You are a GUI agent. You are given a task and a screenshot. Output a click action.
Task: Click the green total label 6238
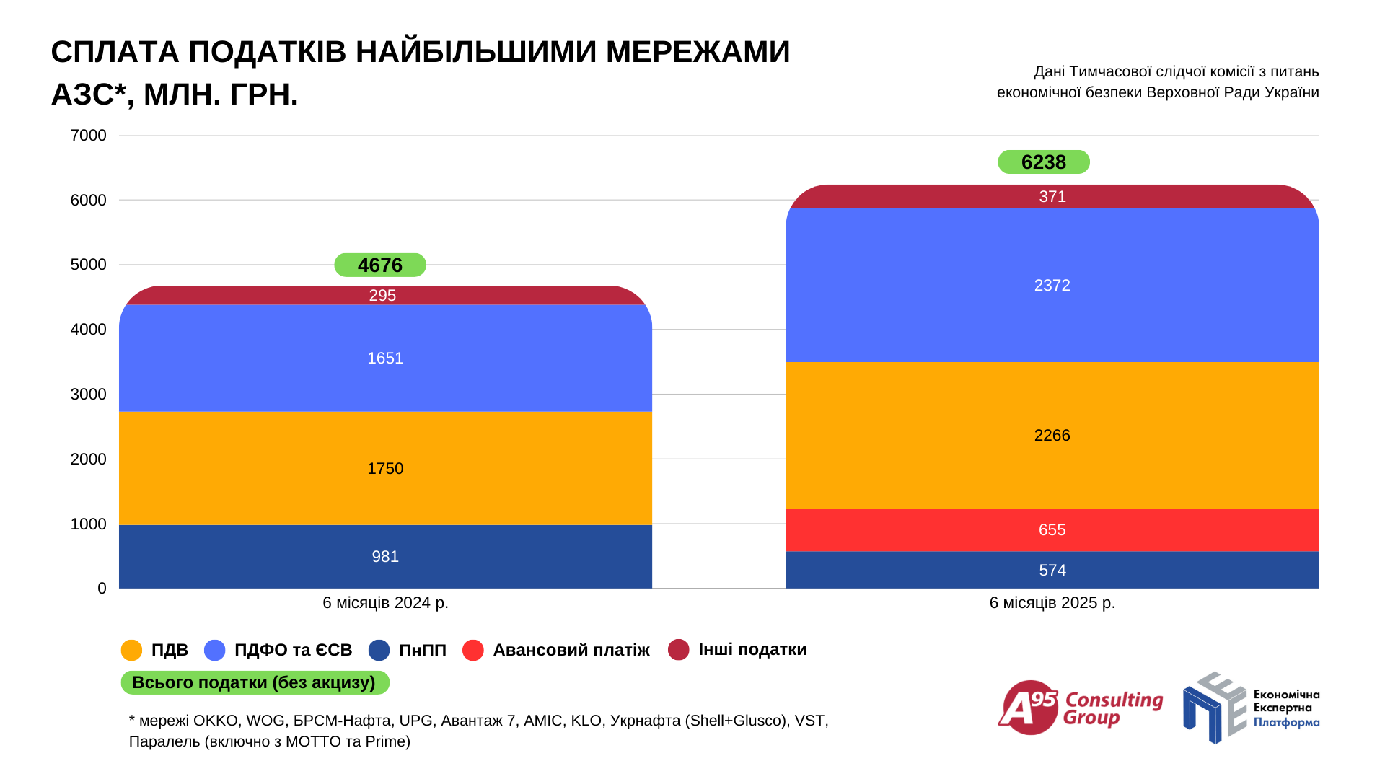pyautogui.click(x=1043, y=162)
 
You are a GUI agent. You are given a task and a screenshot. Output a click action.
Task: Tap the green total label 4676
pyautogui.click(x=380, y=265)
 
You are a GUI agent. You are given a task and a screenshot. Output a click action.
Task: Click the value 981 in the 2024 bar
pyautogui.click(x=385, y=557)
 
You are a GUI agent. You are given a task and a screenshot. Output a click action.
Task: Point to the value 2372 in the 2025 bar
pyautogui.click(x=1052, y=286)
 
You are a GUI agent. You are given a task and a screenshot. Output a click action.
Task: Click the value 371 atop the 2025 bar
pyautogui.click(x=1052, y=197)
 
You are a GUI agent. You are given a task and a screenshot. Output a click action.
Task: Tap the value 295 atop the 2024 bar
pyautogui.click(x=382, y=296)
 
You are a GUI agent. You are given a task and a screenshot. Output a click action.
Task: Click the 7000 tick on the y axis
pyautogui.click(x=88, y=136)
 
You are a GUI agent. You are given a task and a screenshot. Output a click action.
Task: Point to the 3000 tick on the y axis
pyautogui.click(x=88, y=395)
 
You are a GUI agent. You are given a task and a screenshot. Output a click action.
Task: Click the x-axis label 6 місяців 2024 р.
pyautogui.click(x=385, y=603)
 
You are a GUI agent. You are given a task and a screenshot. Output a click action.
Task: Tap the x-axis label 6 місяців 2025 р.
pyautogui.click(x=1052, y=603)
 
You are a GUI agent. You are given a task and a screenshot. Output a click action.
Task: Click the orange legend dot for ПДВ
pyautogui.click(x=132, y=650)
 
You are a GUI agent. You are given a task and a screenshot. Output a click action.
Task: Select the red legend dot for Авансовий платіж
pyautogui.click(x=473, y=650)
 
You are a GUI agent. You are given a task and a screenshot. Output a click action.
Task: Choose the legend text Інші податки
pyautogui.click(x=752, y=650)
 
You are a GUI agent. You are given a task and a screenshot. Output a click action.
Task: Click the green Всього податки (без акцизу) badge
pyautogui.click(x=255, y=682)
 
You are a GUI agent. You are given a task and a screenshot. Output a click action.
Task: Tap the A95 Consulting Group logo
pyautogui.click(x=1080, y=708)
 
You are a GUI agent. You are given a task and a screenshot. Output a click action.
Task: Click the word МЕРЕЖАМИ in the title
pyautogui.click(x=698, y=52)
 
